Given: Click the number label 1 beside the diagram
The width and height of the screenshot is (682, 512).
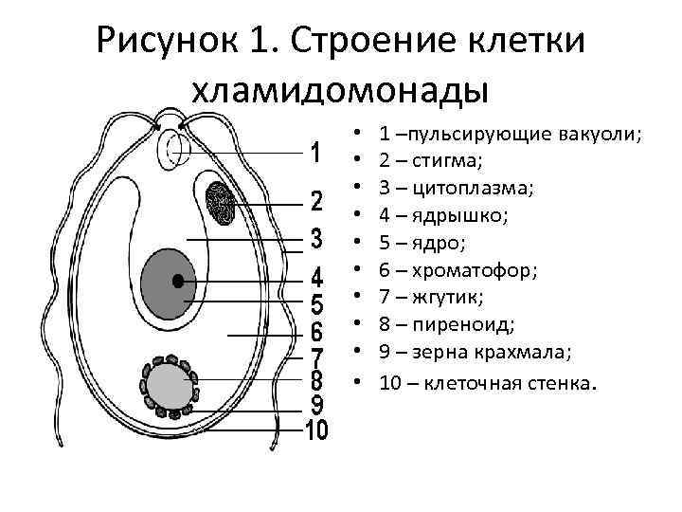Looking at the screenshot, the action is coord(315,153).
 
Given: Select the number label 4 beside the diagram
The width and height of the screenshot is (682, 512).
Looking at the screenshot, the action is coord(316,279).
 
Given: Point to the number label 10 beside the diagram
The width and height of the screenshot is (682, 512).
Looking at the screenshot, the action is coord(316,430).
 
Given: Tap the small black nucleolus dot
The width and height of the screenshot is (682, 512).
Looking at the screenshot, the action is coord(178,280).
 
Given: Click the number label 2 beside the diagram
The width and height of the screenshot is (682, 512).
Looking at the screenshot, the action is coord(316,202).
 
